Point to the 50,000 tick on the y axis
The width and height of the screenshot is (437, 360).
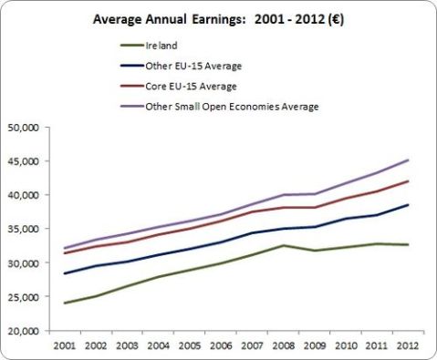[x=21, y=127]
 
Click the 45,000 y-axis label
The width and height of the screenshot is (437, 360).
[x=21, y=161]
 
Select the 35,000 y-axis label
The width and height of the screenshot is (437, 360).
[x=21, y=229]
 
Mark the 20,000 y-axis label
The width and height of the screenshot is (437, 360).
[x=21, y=331]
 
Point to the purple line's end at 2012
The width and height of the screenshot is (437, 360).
[x=408, y=160]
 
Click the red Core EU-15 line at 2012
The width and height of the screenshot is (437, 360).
[x=408, y=181]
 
